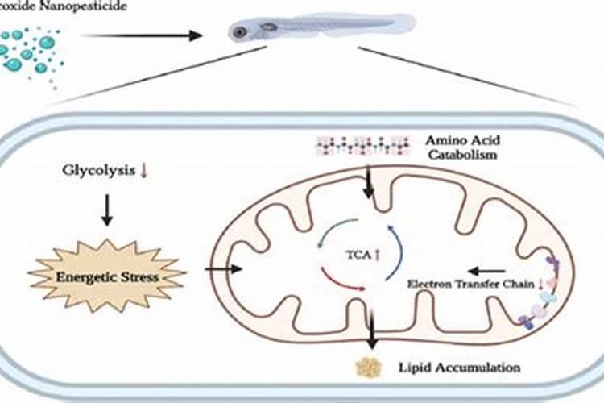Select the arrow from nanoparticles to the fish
pyautogui.click(x=142, y=35)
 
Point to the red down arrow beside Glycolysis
pyautogui.click(x=143, y=172)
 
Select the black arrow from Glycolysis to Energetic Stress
pyautogui.click(x=105, y=212)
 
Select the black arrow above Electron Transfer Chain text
pyautogui.click(x=486, y=271)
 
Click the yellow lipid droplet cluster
pyautogui.click(x=370, y=367)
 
